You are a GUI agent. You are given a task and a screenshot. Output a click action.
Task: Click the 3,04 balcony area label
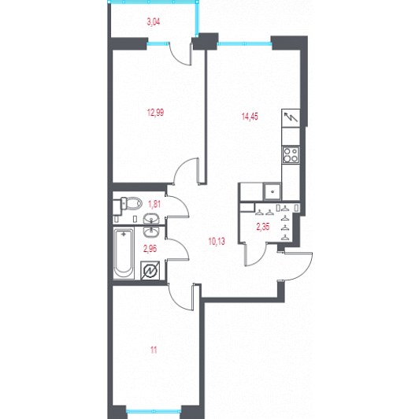coord(154,21)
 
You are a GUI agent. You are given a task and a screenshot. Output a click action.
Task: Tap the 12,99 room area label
coord(155,113)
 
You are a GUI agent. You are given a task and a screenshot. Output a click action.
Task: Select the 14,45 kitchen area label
coord(250,117)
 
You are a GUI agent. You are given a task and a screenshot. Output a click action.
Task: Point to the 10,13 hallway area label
coord(217,242)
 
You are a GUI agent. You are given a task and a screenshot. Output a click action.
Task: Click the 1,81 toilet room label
coord(154,205)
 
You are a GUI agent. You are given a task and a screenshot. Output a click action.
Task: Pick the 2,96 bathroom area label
coord(150,249)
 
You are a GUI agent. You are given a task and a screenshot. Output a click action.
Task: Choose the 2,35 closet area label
coord(263,227)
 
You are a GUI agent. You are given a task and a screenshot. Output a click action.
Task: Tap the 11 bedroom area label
coord(154,350)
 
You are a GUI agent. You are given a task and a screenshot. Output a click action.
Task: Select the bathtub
coord(124,254)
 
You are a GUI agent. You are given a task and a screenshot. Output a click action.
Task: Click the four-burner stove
coord(291,155)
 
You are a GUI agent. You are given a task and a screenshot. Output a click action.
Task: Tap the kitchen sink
coord(272,191)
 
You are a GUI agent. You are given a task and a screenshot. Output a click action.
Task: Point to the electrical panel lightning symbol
coord(291,117)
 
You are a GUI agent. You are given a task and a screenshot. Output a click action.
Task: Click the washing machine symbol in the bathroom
coord(150,271)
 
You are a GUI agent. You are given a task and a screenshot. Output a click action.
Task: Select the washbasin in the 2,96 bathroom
coord(151,232)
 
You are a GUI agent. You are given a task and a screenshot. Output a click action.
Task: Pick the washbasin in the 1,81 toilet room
coord(151,219)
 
